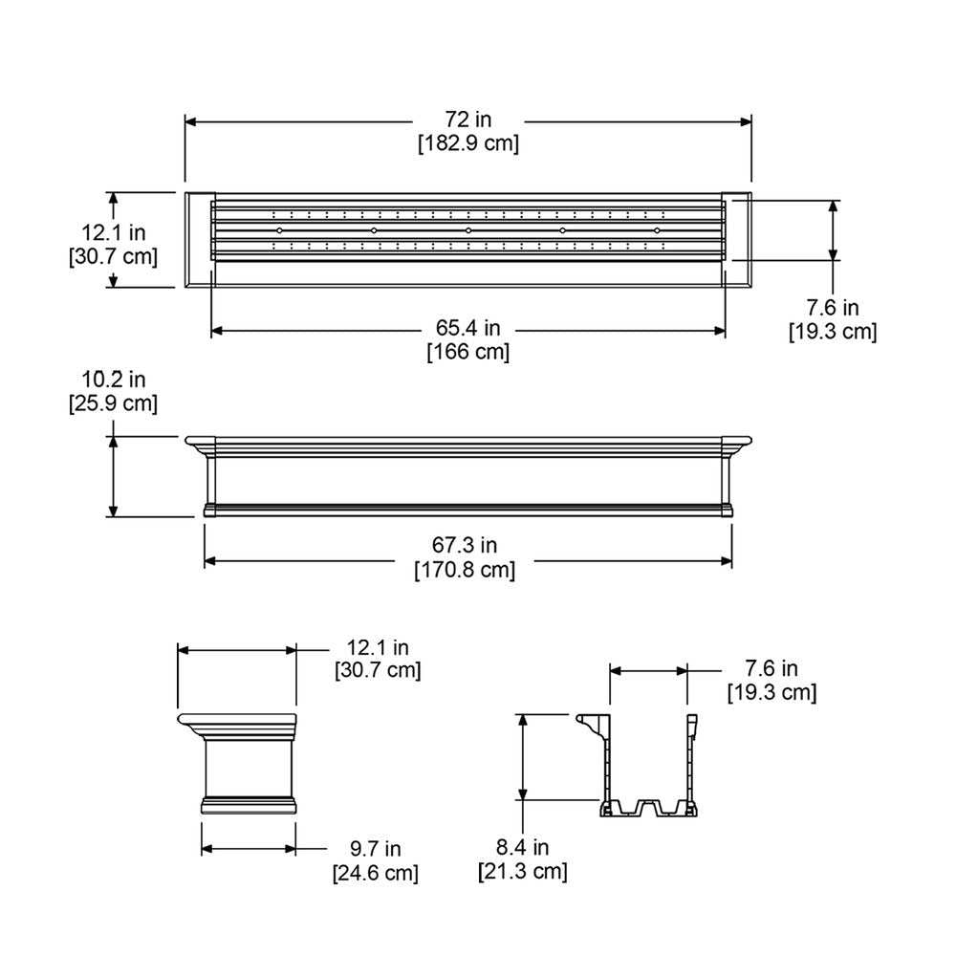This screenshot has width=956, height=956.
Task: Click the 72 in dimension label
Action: click(468, 119)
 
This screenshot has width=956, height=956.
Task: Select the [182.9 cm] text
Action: click(468, 143)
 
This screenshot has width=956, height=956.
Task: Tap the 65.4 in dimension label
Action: click(467, 328)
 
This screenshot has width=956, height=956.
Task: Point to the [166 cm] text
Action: click(467, 352)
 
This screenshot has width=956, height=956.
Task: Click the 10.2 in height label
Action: click(113, 380)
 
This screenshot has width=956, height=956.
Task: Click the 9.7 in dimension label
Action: click(375, 848)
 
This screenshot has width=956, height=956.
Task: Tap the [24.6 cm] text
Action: click(375, 873)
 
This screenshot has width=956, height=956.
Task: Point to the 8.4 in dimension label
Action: click(522, 846)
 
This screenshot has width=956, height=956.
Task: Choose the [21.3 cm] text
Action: click(522, 871)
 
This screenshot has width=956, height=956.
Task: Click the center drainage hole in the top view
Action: click(467, 231)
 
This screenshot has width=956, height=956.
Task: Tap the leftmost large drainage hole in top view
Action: click(278, 231)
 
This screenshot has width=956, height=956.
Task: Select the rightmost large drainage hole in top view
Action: click(657, 231)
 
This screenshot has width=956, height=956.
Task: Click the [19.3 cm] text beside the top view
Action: click(833, 332)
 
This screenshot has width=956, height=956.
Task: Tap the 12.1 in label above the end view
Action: click(377, 647)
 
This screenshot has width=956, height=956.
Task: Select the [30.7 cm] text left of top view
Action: click(113, 256)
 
